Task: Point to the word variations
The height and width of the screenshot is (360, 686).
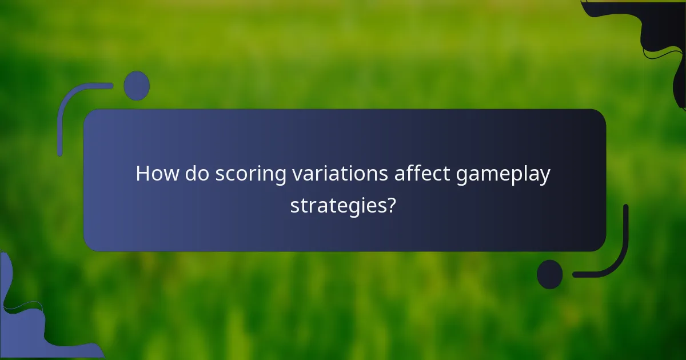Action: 340,174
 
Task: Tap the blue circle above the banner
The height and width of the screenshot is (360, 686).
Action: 137,86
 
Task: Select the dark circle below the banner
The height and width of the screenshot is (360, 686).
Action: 549,274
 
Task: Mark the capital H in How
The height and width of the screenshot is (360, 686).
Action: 143,174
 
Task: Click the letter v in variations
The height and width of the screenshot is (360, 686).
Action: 297,175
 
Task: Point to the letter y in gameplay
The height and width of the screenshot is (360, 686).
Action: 545,177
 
